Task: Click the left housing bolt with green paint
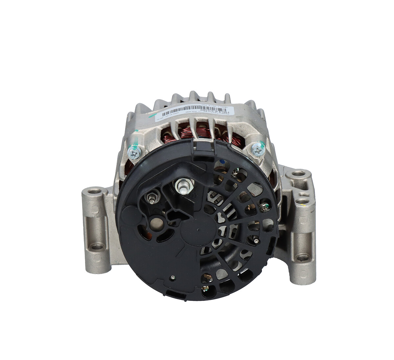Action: pyautogui.click(x=135, y=152)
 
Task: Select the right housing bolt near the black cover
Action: pyautogui.click(x=257, y=150)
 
